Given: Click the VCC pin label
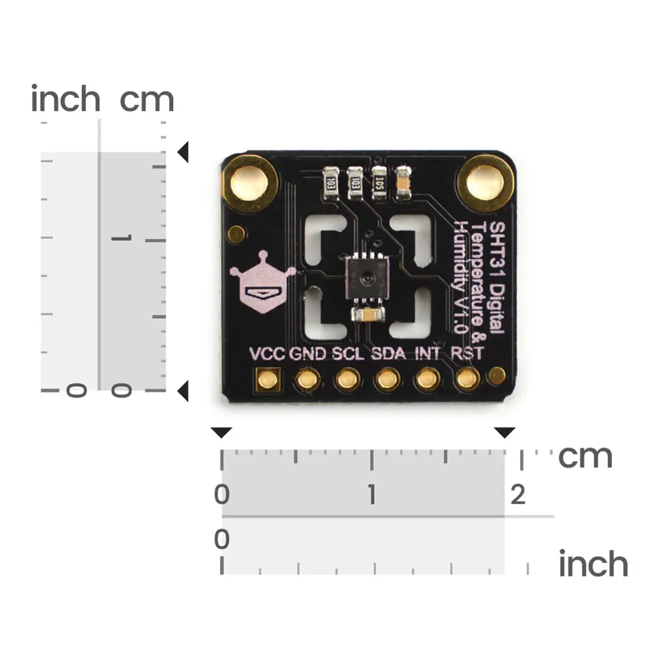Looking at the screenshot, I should coord(267,353).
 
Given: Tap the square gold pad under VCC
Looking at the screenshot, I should coord(268,379).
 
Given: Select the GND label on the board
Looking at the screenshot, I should coord(308,353).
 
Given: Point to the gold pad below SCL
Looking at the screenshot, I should coord(347,379).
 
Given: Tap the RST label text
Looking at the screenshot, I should coord(467,353).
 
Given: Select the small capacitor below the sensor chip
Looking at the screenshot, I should coord(368,315).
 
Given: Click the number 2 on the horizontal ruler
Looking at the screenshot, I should coord(518,494).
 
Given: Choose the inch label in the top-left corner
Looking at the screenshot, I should coord(65,100).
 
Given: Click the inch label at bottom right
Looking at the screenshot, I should coord(593,565).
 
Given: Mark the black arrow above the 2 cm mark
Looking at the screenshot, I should coord(505,433).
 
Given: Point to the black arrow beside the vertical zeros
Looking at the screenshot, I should coord(183,391).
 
